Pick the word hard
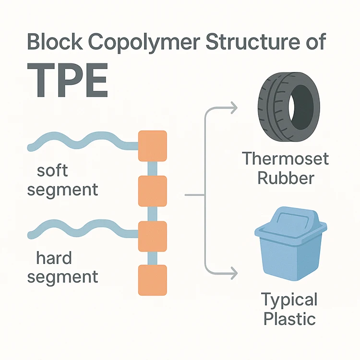pyautogui.click(x=54, y=259)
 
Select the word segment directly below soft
pyautogui.click(x=62, y=189)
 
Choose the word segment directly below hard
pyautogui.click(x=62, y=277)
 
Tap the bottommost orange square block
pyautogui.click(x=153, y=280)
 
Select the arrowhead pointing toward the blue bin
pyautogui.click(x=233, y=274)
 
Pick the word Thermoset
pyautogui.click(x=285, y=158)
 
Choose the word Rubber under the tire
pyautogui.click(x=286, y=178)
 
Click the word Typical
pyautogui.click(x=289, y=300)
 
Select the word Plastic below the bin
pyautogui.click(x=289, y=318)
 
